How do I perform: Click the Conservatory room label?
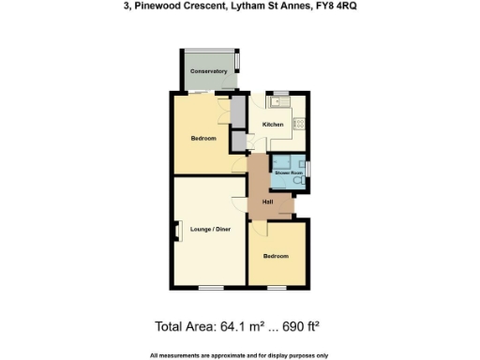tap(208, 71)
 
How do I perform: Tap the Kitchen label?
tap(273, 125)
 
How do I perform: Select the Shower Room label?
tap(288, 173)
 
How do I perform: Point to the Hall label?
tap(267, 202)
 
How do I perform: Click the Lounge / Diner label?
tap(210, 230)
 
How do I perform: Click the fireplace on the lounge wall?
tap(176, 230)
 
